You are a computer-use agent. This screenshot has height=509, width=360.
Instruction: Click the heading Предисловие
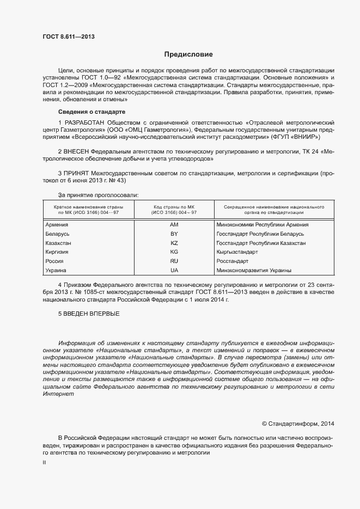tap(189, 54)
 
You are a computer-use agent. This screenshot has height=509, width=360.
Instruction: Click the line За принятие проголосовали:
tap(98, 194)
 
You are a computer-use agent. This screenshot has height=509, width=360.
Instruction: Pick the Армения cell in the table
tap(57, 225)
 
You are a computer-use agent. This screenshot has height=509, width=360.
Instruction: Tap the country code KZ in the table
tap(174, 243)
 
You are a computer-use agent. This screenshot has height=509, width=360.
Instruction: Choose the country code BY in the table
tap(174, 234)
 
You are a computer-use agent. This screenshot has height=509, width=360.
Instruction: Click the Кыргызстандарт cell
tap(237, 252)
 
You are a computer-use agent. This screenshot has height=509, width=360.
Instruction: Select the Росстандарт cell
tap(233, 261)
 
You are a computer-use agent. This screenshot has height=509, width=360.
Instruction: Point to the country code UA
tap(174, 270)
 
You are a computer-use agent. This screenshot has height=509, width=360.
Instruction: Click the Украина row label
tap(56, 270)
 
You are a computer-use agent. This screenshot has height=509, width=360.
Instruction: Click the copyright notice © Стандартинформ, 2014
tap(298, 423)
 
